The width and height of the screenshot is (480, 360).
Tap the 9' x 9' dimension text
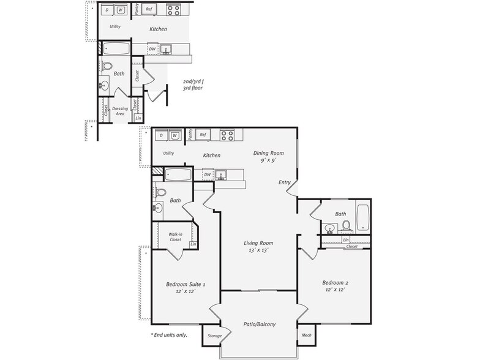coord(269,160)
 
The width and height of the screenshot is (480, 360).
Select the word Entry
coord(285,182)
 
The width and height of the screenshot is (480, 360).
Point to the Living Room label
coord(258,242)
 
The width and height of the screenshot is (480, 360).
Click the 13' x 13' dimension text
coord(258,250)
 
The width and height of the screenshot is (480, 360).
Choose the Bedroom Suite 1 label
coord(186,284)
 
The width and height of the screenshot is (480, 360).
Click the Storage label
coord(215,336)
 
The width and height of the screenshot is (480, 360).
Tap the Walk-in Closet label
coord(179,236)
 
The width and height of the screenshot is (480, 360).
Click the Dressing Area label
coord(120,111)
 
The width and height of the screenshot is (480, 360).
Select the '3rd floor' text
coord(193,88)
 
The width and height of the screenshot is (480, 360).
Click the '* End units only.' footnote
coord(169,335)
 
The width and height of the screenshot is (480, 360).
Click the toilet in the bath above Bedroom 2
coord(346,226)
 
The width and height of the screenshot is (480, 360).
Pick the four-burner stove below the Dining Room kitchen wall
coord(227,135)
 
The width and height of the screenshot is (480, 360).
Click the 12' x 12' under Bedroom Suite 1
coord(186,291)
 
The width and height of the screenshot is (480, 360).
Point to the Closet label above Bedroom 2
coord(351,247)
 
